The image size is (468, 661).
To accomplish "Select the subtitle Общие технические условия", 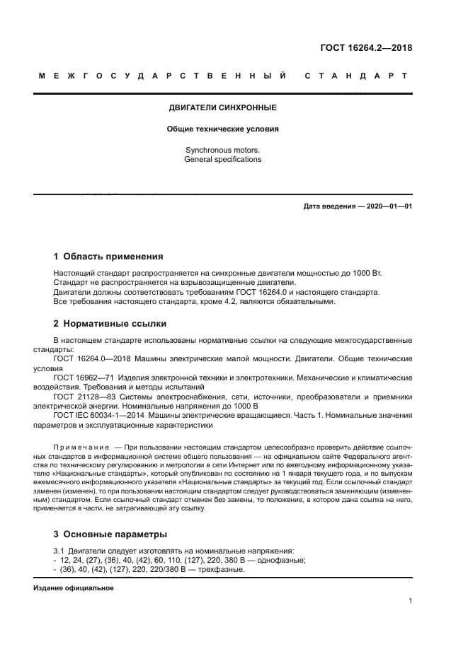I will coord(222,129).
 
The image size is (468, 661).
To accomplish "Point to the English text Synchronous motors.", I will coord(222,150).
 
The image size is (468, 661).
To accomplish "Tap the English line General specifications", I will coord(222,159).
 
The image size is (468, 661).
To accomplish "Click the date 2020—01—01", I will coord(388,206).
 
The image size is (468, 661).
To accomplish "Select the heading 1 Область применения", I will coord(108,257).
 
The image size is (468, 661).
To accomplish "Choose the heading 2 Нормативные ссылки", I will coord(110,323).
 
